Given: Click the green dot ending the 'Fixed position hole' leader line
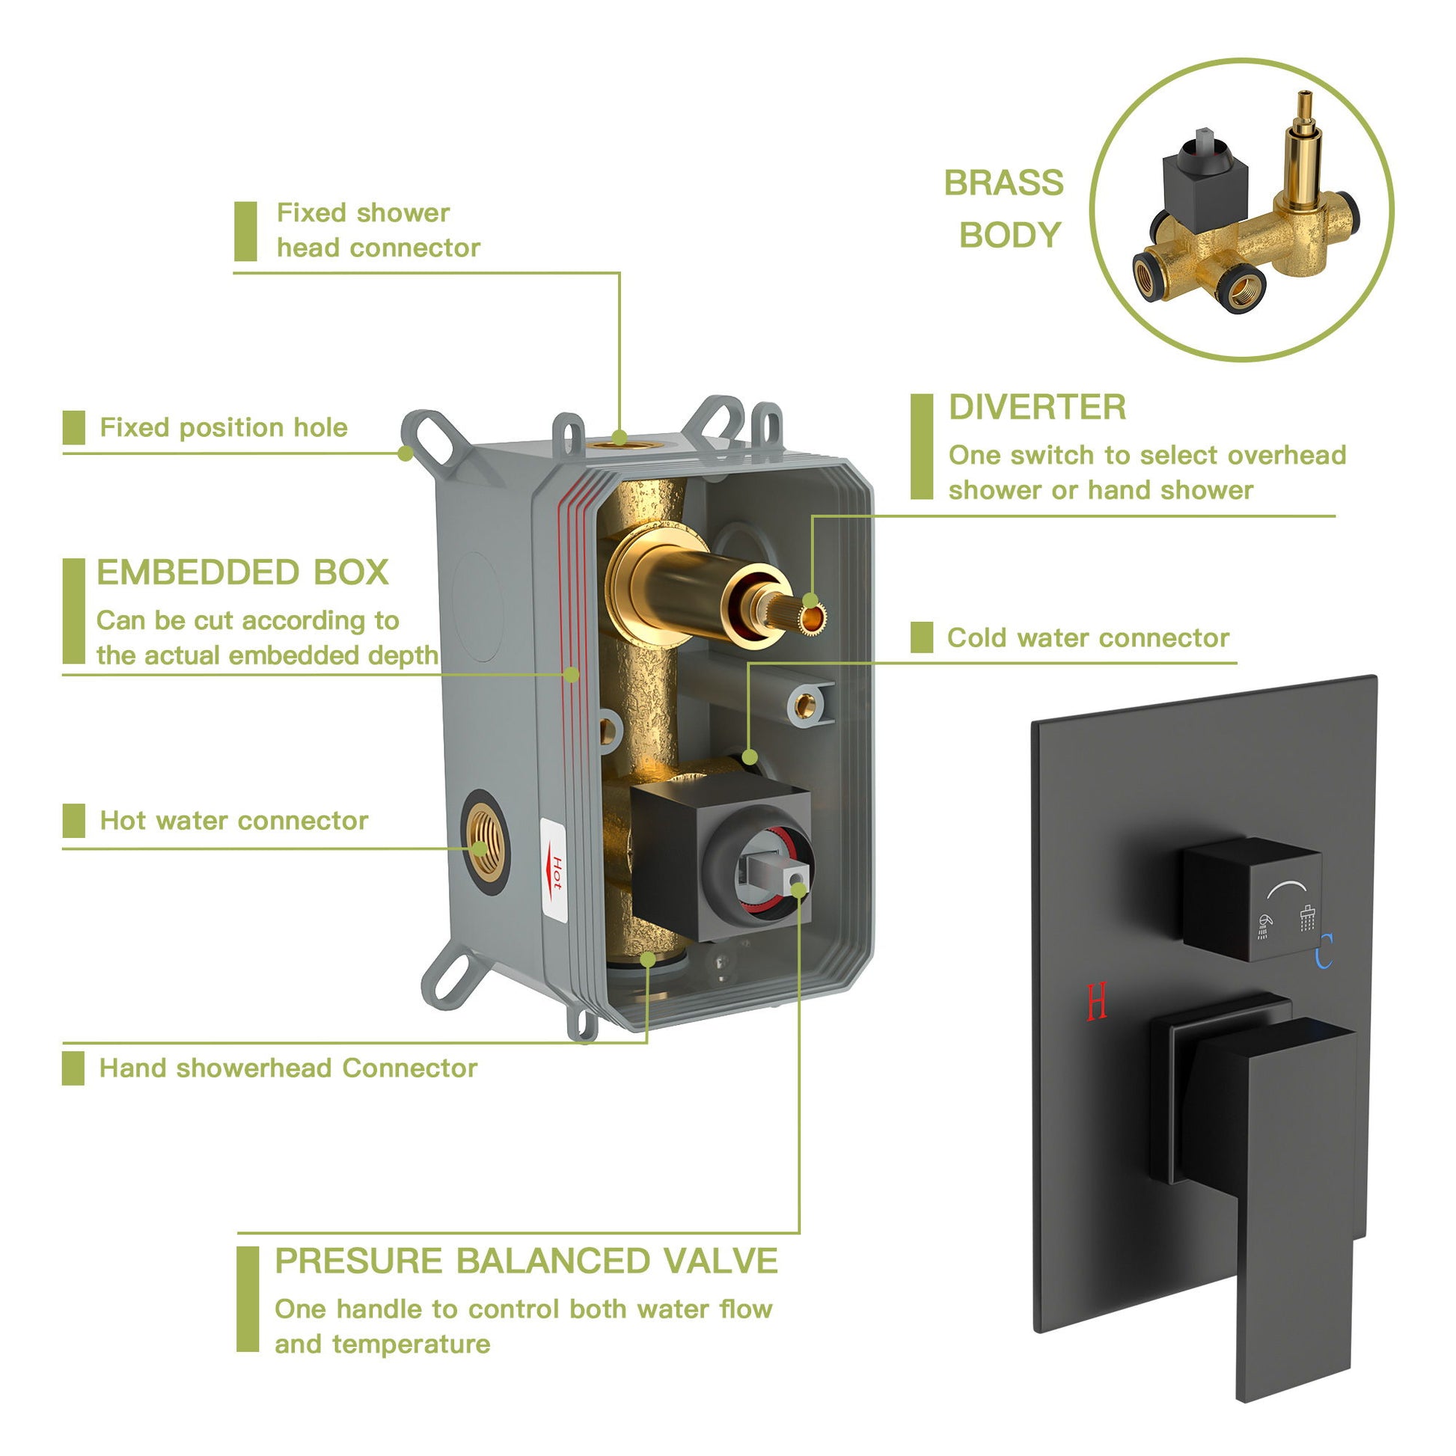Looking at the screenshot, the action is click(x=406, y=453).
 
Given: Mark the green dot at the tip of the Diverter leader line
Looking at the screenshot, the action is click(x=810, y=601).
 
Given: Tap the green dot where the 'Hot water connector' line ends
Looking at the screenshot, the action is click(x=480, y=848).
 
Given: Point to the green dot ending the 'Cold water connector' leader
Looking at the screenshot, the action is click(x=749, y=756).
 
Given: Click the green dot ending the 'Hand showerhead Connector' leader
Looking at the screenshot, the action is click(x=647, y=959).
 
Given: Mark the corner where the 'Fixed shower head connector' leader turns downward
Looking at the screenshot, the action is click(x=620, y=273).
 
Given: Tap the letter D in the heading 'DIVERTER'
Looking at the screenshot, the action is click(x=961, y=408).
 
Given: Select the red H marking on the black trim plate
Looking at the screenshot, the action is click(x=1097, y=1001).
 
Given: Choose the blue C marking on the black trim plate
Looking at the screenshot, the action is click(x=1324, y=950).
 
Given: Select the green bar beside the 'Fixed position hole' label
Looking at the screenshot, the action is click(x=74, y=428).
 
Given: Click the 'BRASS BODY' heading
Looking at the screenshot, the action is click(x=1004, y=209).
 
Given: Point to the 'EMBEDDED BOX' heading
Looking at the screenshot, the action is click(x=242, y=573).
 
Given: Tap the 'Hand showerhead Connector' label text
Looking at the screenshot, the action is click(x=289, y=1068).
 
